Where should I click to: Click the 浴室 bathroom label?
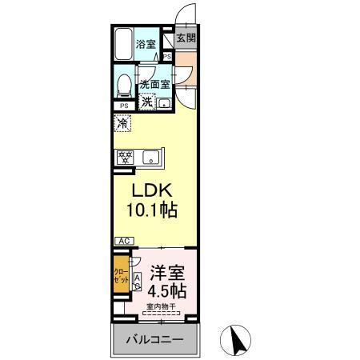[145, 44]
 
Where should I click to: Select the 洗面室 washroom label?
[154, 84]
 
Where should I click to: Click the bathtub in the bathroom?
[124, 47]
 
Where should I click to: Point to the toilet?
[124, 84]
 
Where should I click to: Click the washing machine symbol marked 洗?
[147, 101]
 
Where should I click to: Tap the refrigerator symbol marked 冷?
[122, 124]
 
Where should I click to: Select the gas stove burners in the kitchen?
[125, 157]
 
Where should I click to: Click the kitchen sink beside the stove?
[150, 157]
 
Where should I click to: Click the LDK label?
[150, 192]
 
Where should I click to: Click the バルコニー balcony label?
[154, 340]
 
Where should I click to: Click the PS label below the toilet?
[124, 106]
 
